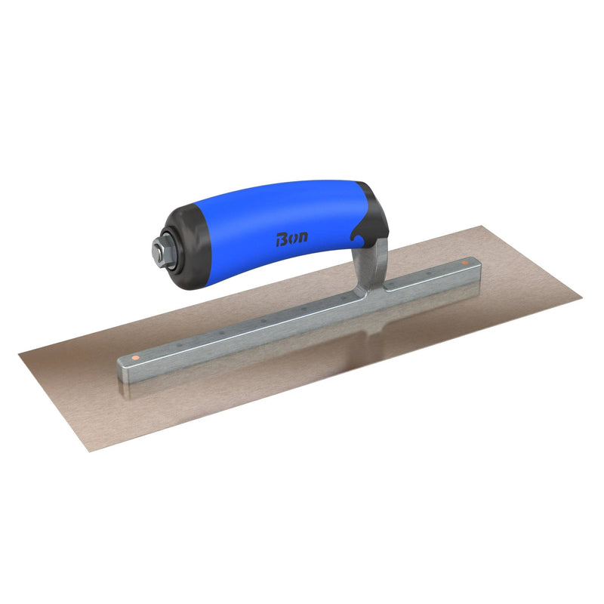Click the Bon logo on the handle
click(292, 238)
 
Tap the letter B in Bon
click(281, 239)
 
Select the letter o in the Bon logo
click(292, 238)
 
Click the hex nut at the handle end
click(159, 252)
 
